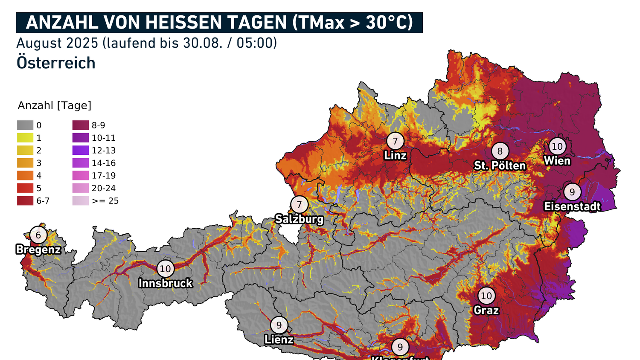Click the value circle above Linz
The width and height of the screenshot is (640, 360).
click(x=395, y=141)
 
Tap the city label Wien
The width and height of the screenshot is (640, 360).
click(x=557, y=161)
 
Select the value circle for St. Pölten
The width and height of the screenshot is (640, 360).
click(x=500, y=151)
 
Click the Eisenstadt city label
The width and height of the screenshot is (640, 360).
click(x=572, y=206)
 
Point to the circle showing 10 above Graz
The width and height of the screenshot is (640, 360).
click(x=486, y=296)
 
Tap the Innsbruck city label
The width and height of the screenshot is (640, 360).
click(x=166, y=283)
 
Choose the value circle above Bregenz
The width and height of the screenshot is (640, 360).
click(x=38, y=235)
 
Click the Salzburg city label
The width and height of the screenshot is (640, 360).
click(x=299, y=219)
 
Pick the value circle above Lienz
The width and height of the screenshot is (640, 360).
click(x=279, y=325)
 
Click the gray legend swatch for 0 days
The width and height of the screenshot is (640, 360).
click(x=25, y=125)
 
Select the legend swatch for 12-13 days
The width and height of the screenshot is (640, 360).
click(x=81, y=151)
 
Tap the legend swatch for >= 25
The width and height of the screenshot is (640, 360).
click(x=81, y=201)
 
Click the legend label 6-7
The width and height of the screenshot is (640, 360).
click(x=43, y=201)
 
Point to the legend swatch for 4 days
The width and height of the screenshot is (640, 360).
click(x=25, y=176)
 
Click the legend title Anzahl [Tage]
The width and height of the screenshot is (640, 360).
click(x=55, y=105)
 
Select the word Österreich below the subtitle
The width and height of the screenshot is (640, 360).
click(x=56, y=63)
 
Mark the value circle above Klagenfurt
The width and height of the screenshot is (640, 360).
click(x=400, y=347)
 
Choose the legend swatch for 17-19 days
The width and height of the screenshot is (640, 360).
click(x=81, y=176)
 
